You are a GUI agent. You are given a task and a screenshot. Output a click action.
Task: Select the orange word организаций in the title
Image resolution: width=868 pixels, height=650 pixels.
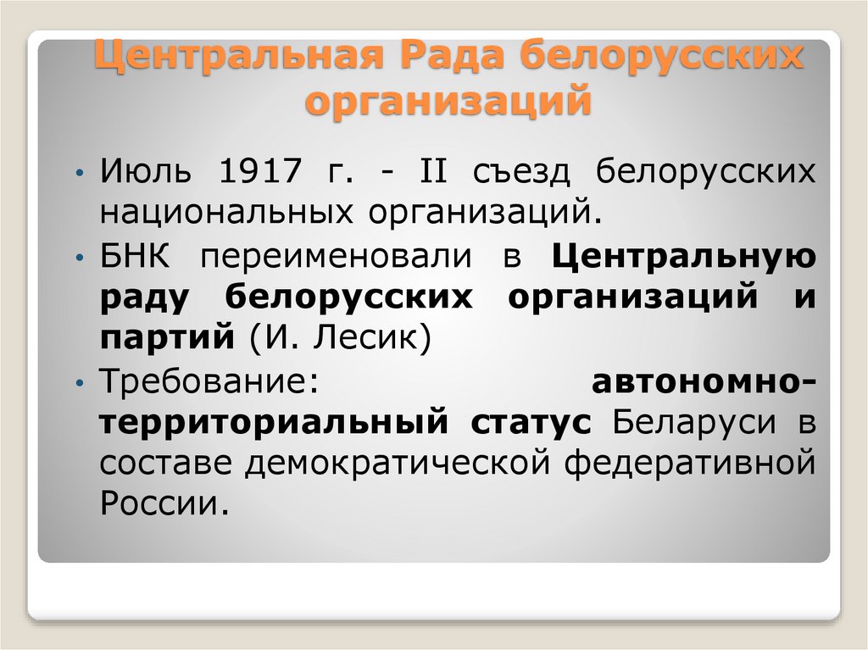pos(447,102)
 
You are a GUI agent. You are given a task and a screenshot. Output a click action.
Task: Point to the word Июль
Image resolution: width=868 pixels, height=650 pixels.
pos(150,174)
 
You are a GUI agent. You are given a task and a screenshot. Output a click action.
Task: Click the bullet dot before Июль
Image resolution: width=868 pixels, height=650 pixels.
pos(78,174)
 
